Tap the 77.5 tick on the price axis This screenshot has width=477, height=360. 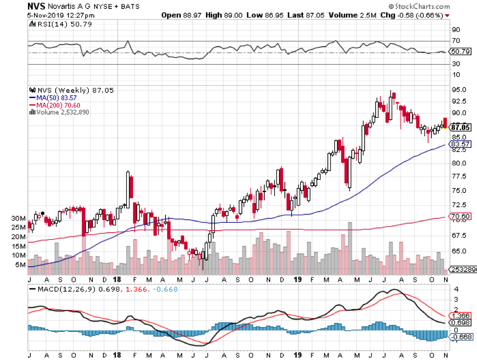click(x=459, y=177)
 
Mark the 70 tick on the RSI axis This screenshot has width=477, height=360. click(x=456, y=41)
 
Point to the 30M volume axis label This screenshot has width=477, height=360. click(x=19, y=218)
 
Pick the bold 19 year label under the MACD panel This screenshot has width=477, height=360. click(x=299, y=354)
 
